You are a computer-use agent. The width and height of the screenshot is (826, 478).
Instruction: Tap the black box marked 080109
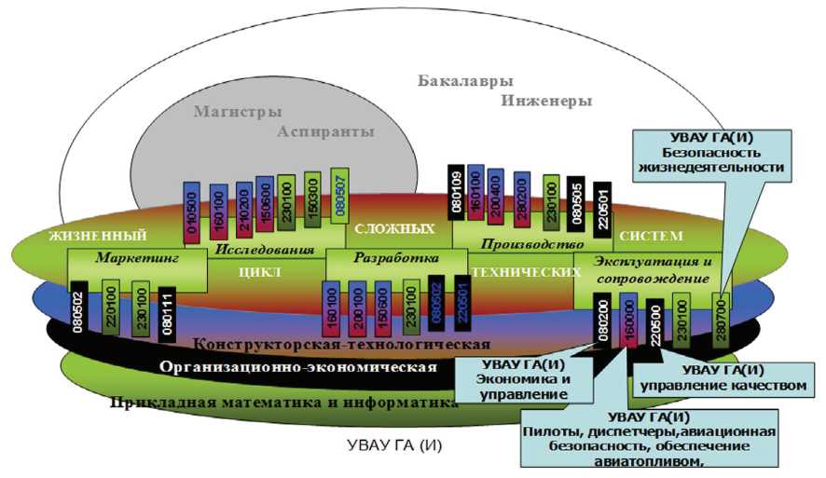[x=457, y=193]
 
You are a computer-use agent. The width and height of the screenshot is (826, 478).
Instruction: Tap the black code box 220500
[x=655, y=326]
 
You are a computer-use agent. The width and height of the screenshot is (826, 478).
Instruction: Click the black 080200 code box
[x=603, y=319]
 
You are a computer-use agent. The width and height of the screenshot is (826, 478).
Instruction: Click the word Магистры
[x=238, y=112]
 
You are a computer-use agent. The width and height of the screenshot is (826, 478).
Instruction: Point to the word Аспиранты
[x=325, y=132]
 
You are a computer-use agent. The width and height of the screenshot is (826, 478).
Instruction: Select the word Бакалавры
[x=466, y=80]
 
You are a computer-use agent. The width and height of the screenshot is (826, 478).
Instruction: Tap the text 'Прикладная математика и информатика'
[x=283, y=403]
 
